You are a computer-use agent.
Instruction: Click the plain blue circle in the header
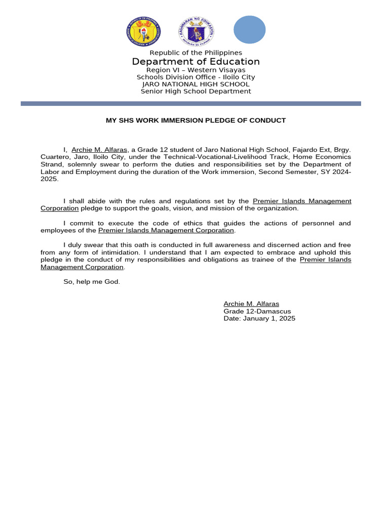249,29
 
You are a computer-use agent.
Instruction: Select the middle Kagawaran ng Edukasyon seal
196,31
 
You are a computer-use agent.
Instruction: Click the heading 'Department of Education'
196,62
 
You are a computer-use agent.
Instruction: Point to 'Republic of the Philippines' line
196,53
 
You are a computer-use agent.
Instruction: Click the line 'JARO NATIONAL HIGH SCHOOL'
196,84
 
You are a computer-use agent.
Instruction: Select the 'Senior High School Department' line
196,92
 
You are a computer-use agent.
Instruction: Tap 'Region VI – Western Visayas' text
196,70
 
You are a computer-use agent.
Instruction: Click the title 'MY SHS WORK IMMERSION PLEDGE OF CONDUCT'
196,120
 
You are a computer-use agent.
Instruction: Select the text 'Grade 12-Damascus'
257,311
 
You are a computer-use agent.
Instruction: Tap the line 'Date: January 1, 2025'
259,319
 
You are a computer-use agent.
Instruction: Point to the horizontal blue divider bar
190,103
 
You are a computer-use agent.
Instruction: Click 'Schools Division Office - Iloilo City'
196,77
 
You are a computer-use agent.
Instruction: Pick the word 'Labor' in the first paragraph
49,171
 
